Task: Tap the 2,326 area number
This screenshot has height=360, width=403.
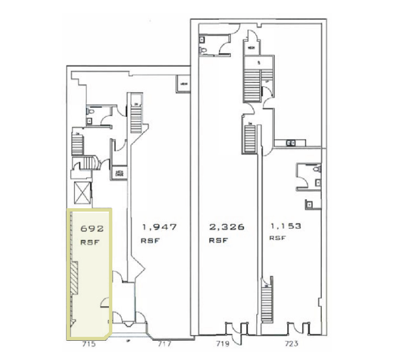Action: [226, 227]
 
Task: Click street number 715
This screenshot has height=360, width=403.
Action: [87, 344]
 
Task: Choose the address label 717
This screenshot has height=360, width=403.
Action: [164, 344]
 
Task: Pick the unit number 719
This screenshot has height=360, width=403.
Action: [221, 344]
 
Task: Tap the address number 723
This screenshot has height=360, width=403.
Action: [292, 344]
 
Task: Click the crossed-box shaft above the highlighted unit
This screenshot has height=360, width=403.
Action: [82, 195]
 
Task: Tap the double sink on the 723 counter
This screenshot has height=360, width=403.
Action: [291, 143]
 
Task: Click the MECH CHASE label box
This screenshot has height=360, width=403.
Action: [119, 174]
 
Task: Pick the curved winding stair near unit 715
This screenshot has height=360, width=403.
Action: [86, 164]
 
